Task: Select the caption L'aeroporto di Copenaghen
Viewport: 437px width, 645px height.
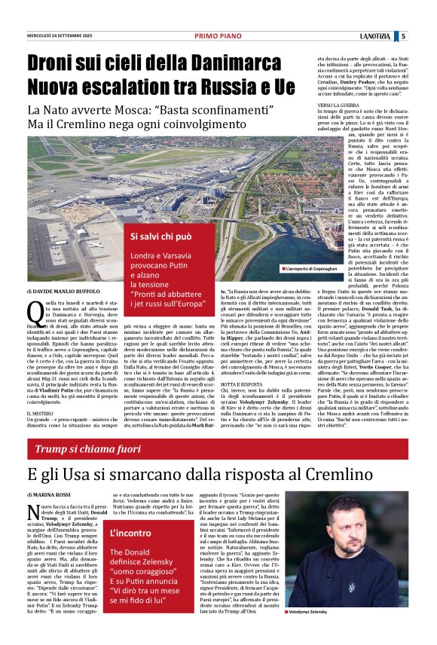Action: [312, 269]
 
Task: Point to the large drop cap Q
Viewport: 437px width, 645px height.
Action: [34, 309]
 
